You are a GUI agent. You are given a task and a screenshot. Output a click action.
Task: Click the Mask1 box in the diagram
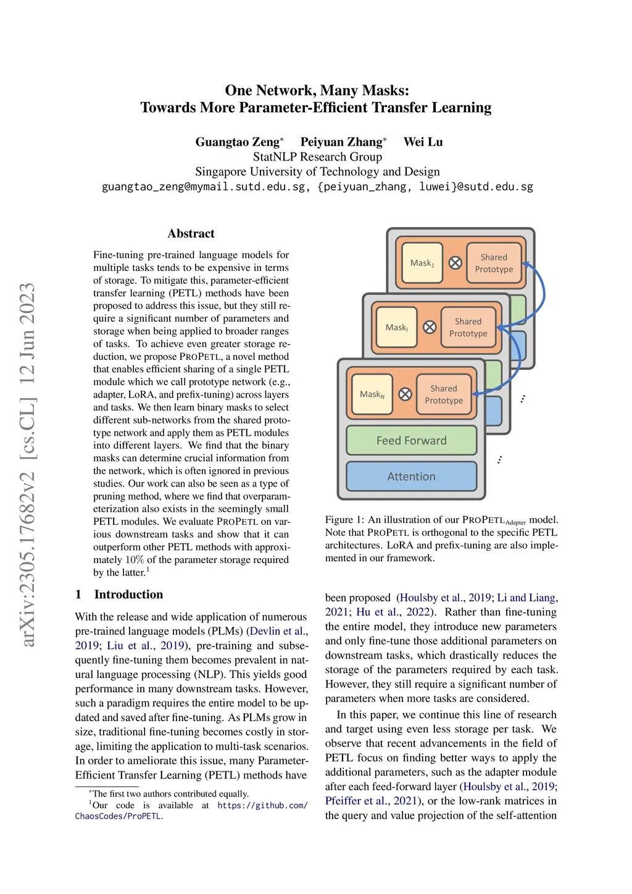[x=422, y=263]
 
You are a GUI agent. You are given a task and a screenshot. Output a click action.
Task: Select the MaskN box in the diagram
[x=372, y=394]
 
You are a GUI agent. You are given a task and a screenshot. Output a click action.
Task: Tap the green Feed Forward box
[x=411, y=440]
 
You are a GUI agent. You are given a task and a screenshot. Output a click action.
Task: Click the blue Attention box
[x=411, y=477]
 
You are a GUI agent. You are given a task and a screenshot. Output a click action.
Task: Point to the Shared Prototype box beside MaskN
[x=444, y=394]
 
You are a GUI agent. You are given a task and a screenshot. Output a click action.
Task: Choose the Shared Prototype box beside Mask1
[x=494, y=263]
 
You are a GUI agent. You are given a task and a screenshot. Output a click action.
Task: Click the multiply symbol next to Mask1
[x=455, y=263]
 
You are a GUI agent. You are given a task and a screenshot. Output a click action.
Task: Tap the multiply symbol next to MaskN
[x=405, y=394]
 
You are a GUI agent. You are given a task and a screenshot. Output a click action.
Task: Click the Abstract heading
[x=191, y=233]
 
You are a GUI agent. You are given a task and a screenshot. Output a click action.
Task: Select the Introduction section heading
[x=128, y=595]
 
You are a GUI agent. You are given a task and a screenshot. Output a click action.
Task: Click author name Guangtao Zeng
[x=237, y=142]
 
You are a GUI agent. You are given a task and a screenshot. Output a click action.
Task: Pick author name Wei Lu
[x=423, y=142]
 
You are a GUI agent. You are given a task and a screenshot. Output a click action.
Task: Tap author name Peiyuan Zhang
[x=341, y=142]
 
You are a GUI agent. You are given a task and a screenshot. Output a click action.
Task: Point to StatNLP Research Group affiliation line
[x=317, y=157]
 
